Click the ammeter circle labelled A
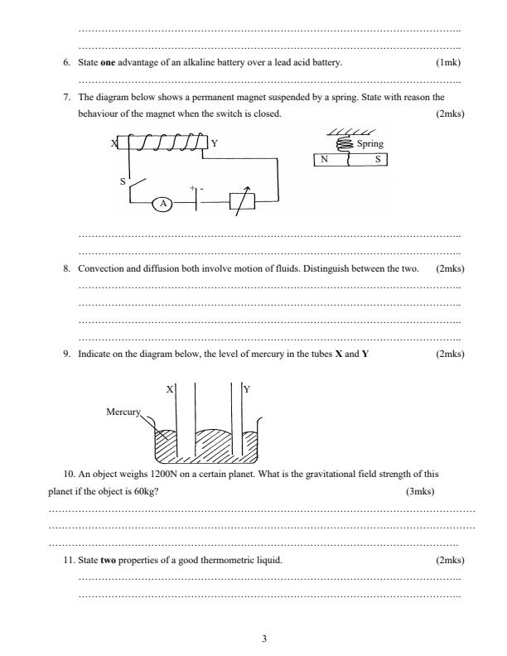pos(164,203)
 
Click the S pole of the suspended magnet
pos(378,160)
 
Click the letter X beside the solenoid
pos(114,143)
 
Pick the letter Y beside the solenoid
pos(214,143)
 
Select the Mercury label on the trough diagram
pos(124,411)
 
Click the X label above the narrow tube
pos(170,388)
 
